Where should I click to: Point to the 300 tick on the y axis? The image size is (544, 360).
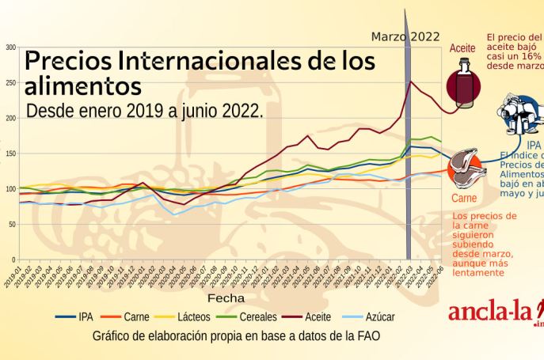pyautogui.click(x=11, y=47)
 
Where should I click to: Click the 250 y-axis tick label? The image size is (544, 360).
pyautogui.click(x=11, y=83)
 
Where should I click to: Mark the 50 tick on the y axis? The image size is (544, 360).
pyautogui.click(x=12, y=224)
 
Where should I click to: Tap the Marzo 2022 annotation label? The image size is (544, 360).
pyautogui.click(x=406, y=36)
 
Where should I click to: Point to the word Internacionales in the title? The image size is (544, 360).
pyautogui.click(x=195, y=60)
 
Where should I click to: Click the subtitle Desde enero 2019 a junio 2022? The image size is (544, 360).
pyautogui.click(x=144, y=111)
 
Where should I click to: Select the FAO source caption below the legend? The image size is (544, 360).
pyautogui.click(x=236, y=335)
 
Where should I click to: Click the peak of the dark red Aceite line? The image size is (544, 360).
pyautogui.click(x=409, y=81)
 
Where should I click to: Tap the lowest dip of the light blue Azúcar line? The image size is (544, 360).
pyautogui.click(x=176, y=214)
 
